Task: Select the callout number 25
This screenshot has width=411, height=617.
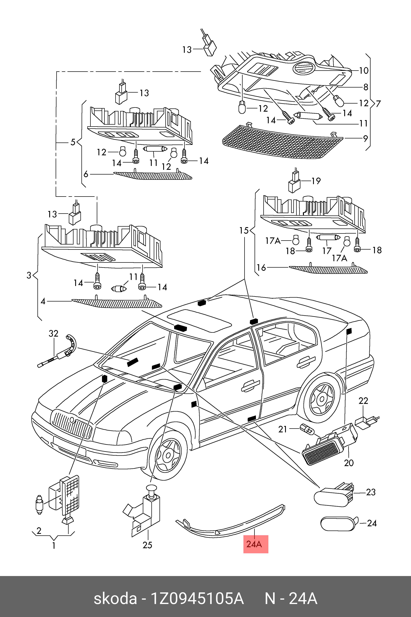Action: tap(147, 545)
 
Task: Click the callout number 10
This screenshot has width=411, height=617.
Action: tap(364, 70)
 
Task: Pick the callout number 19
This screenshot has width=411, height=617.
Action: tap(316, 181)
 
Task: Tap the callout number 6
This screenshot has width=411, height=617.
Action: tap(86, 174)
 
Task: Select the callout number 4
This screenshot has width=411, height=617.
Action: tap(43, 302)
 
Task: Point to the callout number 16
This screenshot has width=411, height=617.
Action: tap(261, 268)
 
